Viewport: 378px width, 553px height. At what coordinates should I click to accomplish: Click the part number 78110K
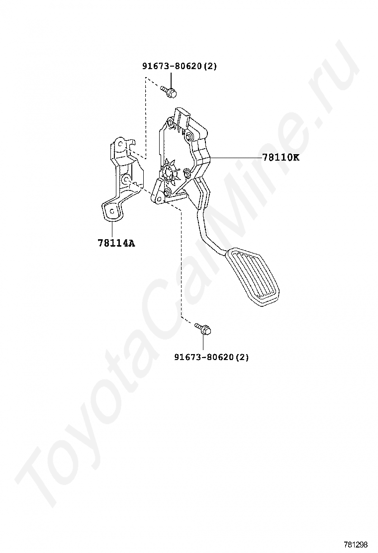coord(281,158)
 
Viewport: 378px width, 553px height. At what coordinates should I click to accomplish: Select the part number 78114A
coord(116,243)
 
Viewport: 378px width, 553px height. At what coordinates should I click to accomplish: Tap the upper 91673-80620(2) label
coord(180,66)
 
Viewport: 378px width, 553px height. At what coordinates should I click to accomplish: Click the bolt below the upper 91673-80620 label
coord(169,91)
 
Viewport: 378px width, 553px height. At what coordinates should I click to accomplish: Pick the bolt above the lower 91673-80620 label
coord(203,328)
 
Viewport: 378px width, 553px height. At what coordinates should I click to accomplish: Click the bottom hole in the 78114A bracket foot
coord(113,211)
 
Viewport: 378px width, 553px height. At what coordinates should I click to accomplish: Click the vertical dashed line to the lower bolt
coord(181,264)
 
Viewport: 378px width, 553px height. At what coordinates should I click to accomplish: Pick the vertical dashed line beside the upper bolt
coord(145,119)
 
